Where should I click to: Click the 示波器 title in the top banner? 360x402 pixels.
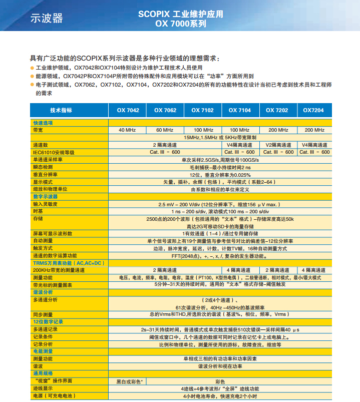tap(47, 18)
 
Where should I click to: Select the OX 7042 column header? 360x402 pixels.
tap(128, 110)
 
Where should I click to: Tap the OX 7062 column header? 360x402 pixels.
tap(165, 110)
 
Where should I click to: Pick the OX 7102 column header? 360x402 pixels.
tap(202, 110)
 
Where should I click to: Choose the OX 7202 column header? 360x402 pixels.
tap(276, 110)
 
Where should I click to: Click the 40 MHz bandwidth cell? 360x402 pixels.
tap(127, 130)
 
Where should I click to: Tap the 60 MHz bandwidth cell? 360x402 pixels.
tap(165, 130)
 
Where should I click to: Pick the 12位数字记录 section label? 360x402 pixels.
tap(48, 321)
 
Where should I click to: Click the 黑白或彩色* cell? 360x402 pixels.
tap(130, 381)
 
